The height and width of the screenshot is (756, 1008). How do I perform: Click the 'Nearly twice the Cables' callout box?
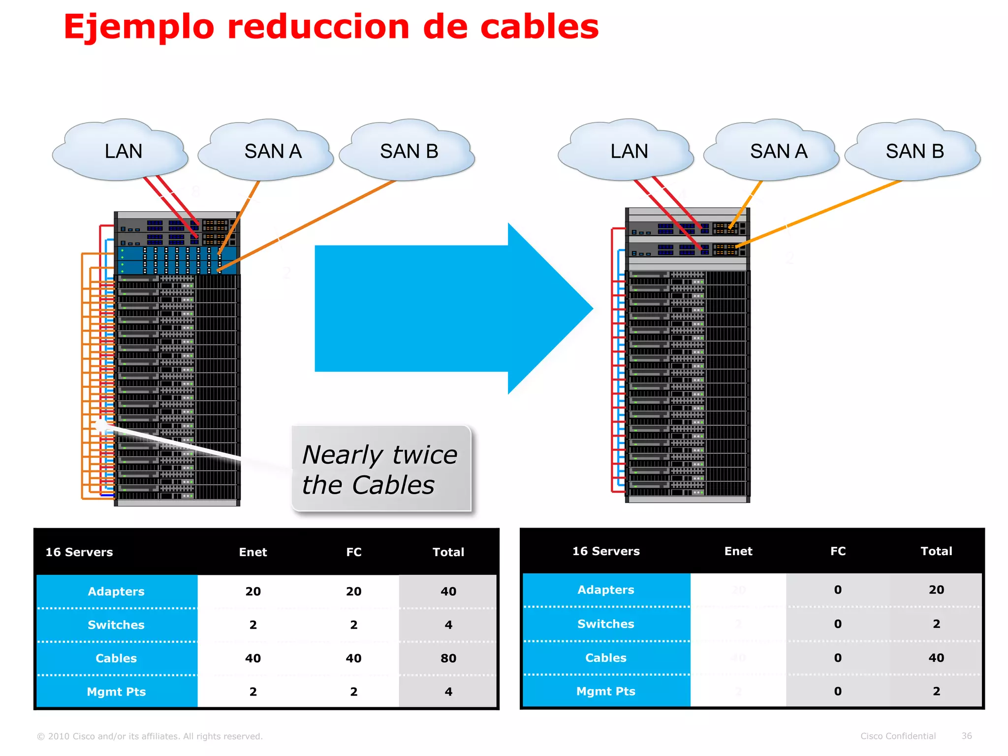pos(380,469)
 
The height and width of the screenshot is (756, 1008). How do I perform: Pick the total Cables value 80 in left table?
pos(448,658)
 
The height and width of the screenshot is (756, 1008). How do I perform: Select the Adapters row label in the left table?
pos(116,591)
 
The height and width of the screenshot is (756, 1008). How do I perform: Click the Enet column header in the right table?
pos(738,551)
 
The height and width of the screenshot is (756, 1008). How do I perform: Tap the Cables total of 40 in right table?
pos(936,658)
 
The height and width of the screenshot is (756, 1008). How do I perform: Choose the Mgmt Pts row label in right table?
pos(605,691)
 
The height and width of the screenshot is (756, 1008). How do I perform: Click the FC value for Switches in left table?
pos(353,625)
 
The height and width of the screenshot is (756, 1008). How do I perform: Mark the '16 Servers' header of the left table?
pos(79,552)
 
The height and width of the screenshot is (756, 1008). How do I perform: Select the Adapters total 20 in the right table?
pos(936,590)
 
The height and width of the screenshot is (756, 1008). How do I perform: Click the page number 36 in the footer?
pos(966,736)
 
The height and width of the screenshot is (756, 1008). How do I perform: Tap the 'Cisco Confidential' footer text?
pos(898,736)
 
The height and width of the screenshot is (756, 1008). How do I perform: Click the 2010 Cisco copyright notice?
pos(150,736)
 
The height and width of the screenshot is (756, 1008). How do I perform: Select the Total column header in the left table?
pos(448,552)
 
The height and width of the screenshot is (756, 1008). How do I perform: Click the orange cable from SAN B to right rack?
pos(817,214)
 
